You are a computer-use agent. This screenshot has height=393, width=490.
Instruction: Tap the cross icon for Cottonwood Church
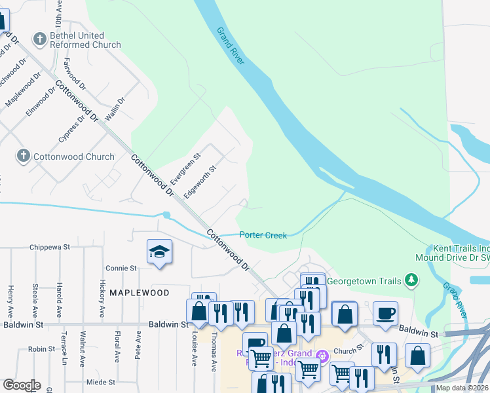pos(24,157)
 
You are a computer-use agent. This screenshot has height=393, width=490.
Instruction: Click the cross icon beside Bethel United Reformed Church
pos(40,39)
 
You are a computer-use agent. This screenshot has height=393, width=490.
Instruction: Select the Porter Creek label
pos(263,235)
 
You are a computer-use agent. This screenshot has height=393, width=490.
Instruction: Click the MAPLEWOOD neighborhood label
pos(139,293)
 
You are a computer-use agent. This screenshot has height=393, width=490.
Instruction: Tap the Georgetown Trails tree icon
pos(411,281)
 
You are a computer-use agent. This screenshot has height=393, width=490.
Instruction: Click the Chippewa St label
pos(50,248)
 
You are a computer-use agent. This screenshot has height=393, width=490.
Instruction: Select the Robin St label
pos(41,350)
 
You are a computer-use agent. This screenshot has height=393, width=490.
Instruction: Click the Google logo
pos(21,385)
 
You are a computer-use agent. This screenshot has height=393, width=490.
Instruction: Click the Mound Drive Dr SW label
pos(452,258)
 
